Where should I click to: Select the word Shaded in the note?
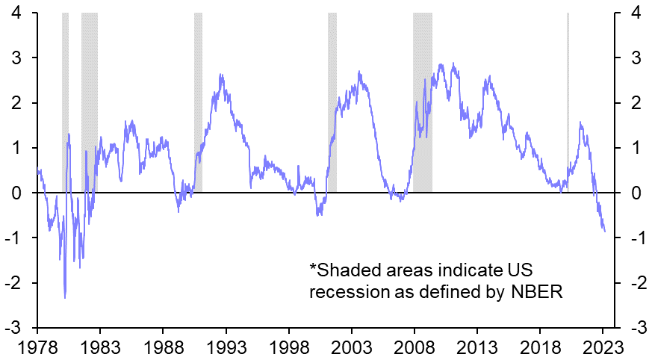[x=343, y=270]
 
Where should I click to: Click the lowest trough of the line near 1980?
[x=65, y=297]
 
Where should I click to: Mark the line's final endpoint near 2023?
[x=604, y=232]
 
